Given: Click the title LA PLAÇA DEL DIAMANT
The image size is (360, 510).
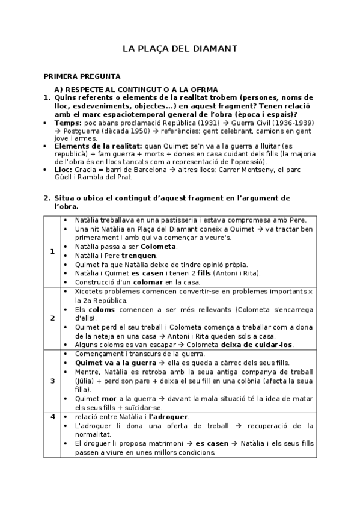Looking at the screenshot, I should click(x=180, y=48).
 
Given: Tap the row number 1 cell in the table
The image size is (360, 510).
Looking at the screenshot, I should click(x=52, y=250).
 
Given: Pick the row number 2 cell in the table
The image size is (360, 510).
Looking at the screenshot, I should click(x=52, y=318).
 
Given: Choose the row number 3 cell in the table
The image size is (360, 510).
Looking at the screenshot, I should click(x=52, y=381).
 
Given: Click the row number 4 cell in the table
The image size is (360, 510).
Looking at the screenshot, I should click(x=52, y=416).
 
